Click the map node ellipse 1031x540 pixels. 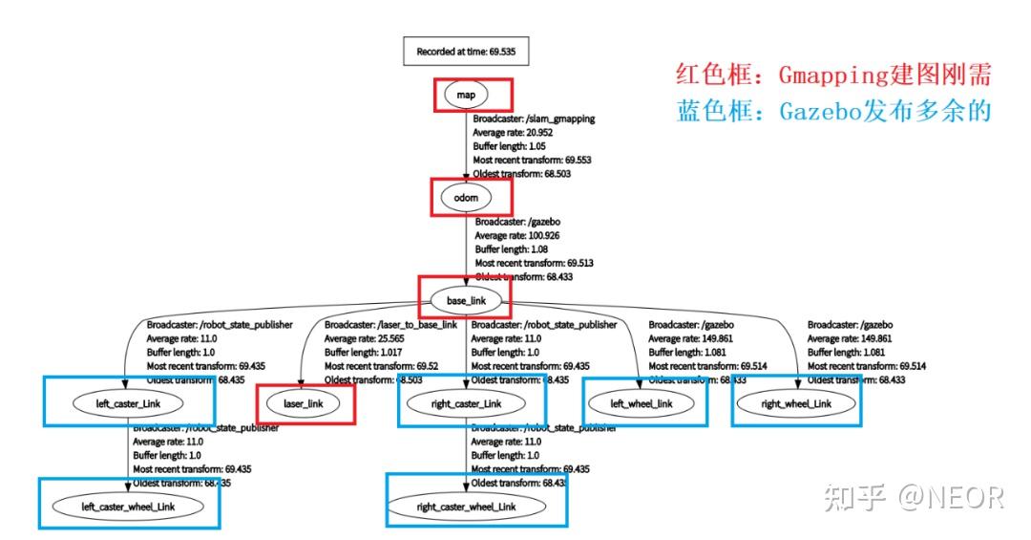pyautogui.click(x=465, y=96)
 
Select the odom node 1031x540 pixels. pyautogui.click(x=466, y=198)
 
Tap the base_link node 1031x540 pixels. pyautogui.click(x=466, y=301)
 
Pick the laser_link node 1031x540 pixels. pyautogui.click(x=305, y=404)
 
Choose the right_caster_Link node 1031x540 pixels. pyautogui.click(x=467, y=404)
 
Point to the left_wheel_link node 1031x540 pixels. pyautogui.click(x=642, y=403)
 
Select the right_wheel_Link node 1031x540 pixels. pyautogui.click(x=797, y=403)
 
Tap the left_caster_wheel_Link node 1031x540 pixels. pyautogui.click(x=129, y=506)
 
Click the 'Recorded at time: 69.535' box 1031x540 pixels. pyautogui.click(x=467, y=51)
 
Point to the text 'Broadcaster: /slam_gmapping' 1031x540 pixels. pyautogui.click(x=534, y=119)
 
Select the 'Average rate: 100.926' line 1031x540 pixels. pyautogui.click(x=520, y=234)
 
